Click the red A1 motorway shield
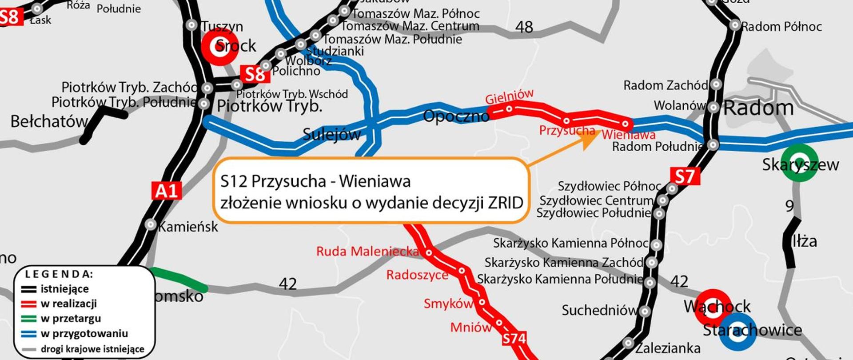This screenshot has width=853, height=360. (167, 191)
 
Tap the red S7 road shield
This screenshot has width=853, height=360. (685, 176)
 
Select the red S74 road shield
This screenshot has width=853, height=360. (514, 339)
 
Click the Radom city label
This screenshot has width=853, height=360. (758, 108)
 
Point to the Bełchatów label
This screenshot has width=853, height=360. (49, 121)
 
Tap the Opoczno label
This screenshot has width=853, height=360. (456, 116)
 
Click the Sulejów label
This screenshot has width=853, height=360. (331, 134)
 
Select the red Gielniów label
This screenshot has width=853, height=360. (509, 96)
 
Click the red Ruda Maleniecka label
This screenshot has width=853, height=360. (367, 252)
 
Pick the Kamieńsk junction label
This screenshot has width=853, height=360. (188, 227)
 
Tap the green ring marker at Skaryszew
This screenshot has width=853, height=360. (799, 163)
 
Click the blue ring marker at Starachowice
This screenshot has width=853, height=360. (737, 332)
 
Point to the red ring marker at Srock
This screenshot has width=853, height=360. (220, 47)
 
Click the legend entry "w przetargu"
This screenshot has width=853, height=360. (71, 319)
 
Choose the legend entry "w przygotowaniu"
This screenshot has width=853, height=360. (84, 334)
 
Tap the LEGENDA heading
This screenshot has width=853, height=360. (59, 274)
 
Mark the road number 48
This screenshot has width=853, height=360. (524, 28)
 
